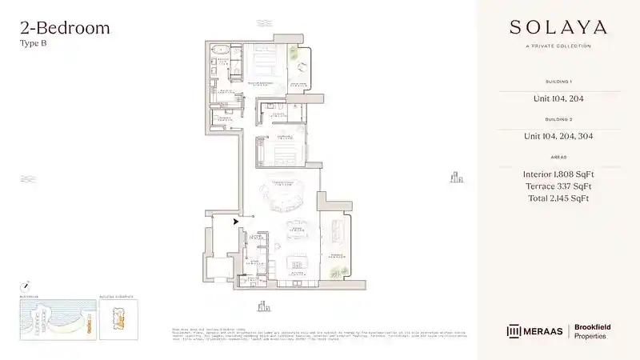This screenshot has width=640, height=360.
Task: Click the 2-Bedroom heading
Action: click(x=65, y=29)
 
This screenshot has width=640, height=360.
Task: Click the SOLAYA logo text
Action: click(x=558, y=27)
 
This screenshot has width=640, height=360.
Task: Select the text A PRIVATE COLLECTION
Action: click(x=558, y=46)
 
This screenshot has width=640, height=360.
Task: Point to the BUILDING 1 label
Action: click(x=558, y=82)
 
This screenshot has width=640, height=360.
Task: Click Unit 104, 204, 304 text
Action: click(x=558, y=136)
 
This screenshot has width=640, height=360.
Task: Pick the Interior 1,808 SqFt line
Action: click(x=558, y=174)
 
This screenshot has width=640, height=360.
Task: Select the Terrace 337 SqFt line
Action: click(x=558, y=186)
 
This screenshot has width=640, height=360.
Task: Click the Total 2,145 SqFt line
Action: click(x=558, y=198)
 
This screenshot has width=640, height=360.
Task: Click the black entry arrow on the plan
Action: click(x=235, y=222)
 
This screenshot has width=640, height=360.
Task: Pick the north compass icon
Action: click(x=26, y=285)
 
